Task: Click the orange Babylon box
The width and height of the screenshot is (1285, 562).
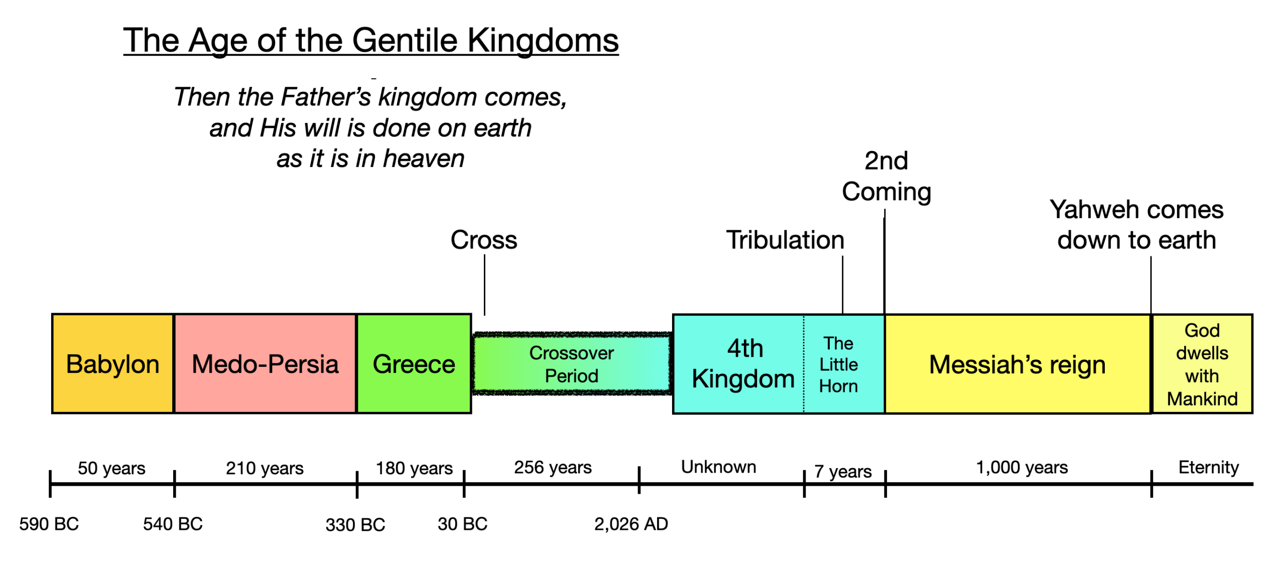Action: point(112,364)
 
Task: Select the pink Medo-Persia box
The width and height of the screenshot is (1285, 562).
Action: point(265,364)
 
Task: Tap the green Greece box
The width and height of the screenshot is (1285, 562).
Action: point(414,364)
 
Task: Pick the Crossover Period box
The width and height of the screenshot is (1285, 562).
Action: point(571,364)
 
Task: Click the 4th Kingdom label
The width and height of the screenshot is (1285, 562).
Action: point(744,363)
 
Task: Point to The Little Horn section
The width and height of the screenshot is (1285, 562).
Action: point(838,364)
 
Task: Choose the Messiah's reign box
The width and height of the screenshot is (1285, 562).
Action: point(1017,364)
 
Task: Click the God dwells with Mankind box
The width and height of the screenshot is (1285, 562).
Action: point(1202,364)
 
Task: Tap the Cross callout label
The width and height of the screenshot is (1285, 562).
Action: point(483,240)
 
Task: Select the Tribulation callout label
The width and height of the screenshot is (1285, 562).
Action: point(785,240)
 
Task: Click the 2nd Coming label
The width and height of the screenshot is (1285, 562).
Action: point(886,176)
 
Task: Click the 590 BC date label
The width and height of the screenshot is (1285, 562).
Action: point(49,524)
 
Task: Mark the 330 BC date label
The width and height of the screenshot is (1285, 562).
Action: point(355,525)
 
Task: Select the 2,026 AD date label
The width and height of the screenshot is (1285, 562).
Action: point(631,524)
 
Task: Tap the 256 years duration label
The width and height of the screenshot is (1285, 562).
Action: point(553,467)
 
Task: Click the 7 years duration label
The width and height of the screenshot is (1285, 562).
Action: point(843,471)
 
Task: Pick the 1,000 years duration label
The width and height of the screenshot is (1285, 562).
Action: point(1021,467)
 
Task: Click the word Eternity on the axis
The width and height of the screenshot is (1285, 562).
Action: point(1208,467)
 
